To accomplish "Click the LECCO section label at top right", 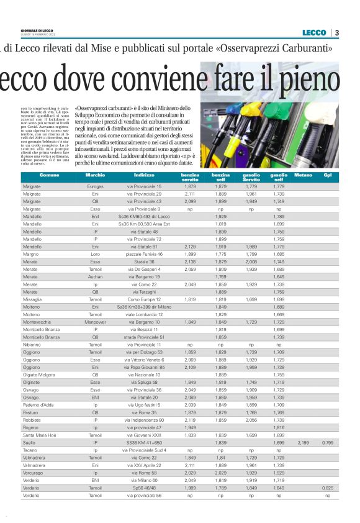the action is (x=313, y=32).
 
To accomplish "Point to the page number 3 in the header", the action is (x=336, y=32).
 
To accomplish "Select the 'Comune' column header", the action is (x=50, y=176).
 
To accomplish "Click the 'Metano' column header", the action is (x=303, y=176).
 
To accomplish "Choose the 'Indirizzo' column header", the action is (x=143, y=176).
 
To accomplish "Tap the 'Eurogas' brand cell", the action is (x=96, y=186).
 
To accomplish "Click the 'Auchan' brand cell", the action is (x=96, y=276).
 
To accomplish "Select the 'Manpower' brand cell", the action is (x=96, y=322).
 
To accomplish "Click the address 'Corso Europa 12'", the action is (x=143, y=299).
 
